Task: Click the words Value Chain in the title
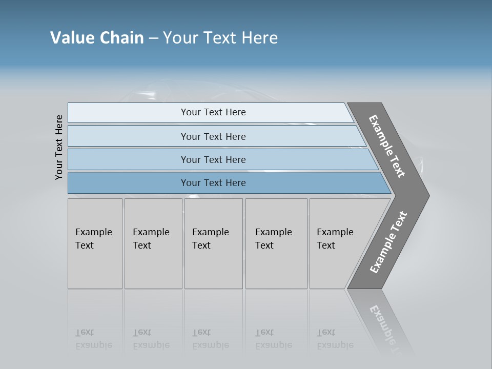pyautogui.click(x=97, y=38)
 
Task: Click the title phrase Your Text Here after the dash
pyautogui.click(x=220, y=38)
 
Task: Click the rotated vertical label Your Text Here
pyautogui.click(x=59, y=147)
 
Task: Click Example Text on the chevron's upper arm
pyautogui.click(x=387, y=146)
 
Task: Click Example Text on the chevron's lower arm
pyautogui.click(x=388, y=242)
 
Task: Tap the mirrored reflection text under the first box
pyautogui.click(x=93, y=339)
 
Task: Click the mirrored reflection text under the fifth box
pyautogui.click(x=335, y=339)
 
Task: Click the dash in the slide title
pyautogui.click(x=153, y=38)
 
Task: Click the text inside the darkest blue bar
pyautogui.click(x=213, y=183)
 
